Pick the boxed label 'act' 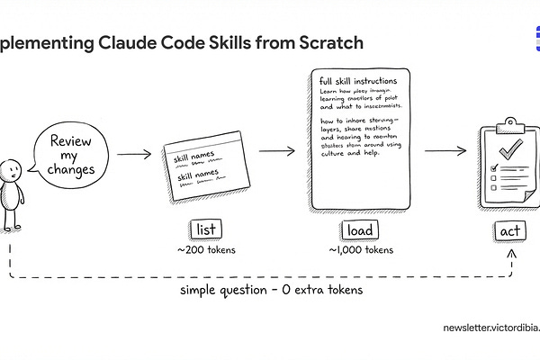pyautogui.click(x=508, y=231)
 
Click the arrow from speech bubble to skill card pyautogui.click(x=134, y=154)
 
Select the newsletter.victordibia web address pyautogui.click(x=490, y=328)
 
